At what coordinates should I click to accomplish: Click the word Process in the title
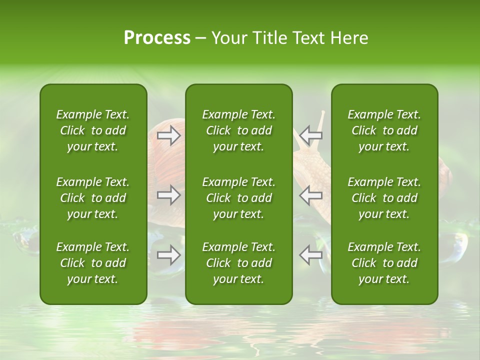157,38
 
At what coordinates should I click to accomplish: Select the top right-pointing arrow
169,135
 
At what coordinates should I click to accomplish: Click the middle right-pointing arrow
169,195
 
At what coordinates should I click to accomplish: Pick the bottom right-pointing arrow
169,255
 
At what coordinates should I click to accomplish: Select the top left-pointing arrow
311,135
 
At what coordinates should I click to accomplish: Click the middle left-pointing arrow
311,195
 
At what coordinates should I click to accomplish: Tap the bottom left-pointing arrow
311,255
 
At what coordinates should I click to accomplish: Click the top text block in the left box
93,130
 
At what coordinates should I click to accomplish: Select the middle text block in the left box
93,198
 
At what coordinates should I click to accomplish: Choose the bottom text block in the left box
93,263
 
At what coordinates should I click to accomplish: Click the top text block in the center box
238,130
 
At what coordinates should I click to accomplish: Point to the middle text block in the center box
238,198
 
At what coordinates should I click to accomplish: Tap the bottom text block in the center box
238,263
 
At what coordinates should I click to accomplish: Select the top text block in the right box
384,130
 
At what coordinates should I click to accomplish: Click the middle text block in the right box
384,198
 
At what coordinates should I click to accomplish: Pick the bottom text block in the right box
384,263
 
